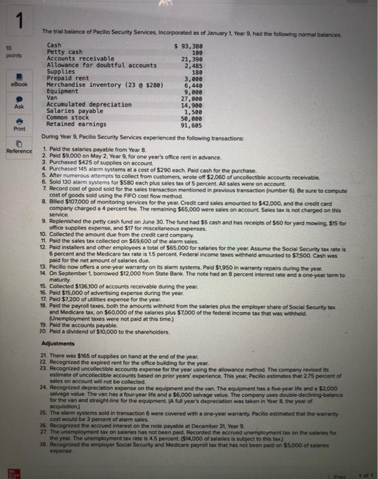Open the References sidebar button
click(x=14, y=146)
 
